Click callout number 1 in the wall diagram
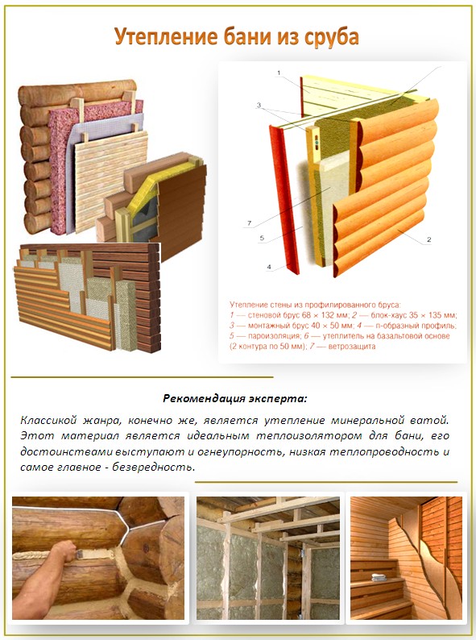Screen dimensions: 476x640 click(x=279, y=73)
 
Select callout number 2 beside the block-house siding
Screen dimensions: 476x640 click(x=428, y=239)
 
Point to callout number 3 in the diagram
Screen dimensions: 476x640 click(x=259, y=106)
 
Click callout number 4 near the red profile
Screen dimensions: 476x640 click(x=269, y=268)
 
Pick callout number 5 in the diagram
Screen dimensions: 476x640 click(x=262, y=238)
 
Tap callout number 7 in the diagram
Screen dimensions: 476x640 click(x=249, y=223)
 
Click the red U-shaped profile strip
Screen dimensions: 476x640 click(x=284, y=199)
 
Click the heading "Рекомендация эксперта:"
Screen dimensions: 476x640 click(x=234, y=398)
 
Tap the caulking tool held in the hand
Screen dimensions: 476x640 click(x=81, y=554)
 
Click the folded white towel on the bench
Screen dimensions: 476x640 click(x=379, y=577)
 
